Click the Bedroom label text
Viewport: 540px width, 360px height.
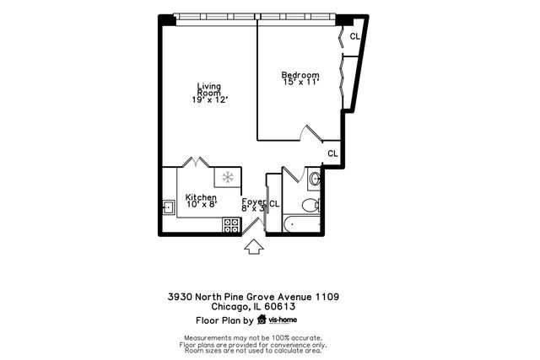(x=300, y=75)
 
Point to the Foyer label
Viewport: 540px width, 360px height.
(x=253, y=201)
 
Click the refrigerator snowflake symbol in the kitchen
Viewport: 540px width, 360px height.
(x=226, y=177)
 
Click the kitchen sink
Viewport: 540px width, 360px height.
(x=168, y=205)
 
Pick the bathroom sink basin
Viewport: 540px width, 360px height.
(x=315, y=178)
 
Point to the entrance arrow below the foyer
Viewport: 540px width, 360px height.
(x=253, y=247)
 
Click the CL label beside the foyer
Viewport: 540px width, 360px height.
(x=274, y=203)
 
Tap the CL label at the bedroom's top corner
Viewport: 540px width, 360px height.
(x=355, y=36)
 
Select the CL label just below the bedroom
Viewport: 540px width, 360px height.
(x=332, y=153)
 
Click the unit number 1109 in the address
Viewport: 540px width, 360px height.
(x=327, y=297)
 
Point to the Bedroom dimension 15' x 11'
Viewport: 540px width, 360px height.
(x=300, y=83)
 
